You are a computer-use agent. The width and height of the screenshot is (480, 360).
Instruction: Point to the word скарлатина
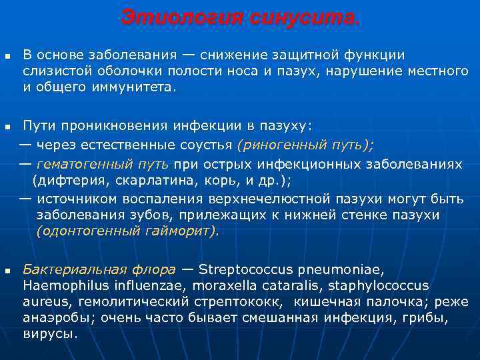135,181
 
